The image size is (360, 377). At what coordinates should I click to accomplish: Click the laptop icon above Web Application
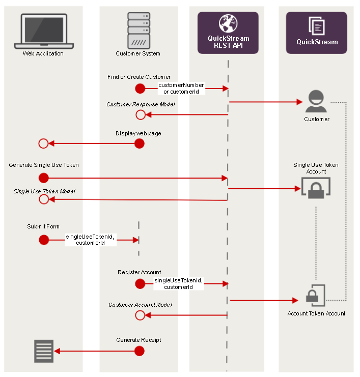pos(43,31)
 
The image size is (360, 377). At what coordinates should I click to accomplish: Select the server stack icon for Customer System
pos(139,30)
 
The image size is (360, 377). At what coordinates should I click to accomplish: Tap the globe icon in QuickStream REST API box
pos(228,23)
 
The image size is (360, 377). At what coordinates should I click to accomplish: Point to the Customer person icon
pos(316,101)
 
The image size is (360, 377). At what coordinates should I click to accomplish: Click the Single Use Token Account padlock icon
pos(316,188)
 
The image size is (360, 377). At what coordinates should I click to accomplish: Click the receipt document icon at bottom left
pos(44,351)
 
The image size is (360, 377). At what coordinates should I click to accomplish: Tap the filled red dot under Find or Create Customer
pos(140,89)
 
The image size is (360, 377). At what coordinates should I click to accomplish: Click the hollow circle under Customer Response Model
pos(141,115)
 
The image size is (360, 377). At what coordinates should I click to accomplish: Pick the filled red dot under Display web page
pos(139,144)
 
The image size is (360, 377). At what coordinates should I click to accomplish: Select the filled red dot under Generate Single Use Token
pos(44,178)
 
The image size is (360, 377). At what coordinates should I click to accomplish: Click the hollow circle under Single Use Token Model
pos(44,199)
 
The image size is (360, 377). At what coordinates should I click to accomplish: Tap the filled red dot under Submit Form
pos(44,240)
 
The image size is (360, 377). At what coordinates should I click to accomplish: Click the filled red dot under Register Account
pos(140,283)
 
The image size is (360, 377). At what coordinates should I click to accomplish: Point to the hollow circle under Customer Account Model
pos(141,315)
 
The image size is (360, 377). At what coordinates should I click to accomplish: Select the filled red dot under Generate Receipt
pos(139,351)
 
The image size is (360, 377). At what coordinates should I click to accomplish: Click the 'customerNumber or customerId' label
pos(181,88)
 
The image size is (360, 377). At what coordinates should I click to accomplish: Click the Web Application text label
pos(43,53)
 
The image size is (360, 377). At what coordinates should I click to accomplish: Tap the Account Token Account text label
pos(316,313)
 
